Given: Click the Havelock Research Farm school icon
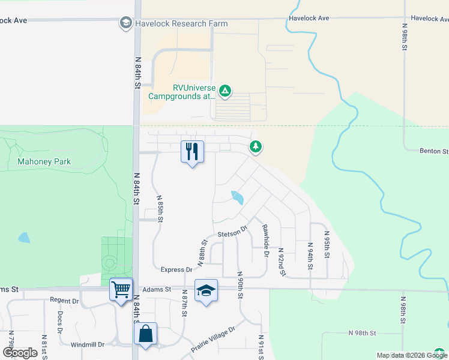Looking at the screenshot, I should click(126, 23).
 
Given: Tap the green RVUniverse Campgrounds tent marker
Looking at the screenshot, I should click(224, 91).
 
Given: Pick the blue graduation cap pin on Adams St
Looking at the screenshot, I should click(206, 291).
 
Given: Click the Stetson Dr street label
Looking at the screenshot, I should click(232, 232).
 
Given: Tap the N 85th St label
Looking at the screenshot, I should click(160, 208).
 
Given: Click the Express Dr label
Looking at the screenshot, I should click(176, 270).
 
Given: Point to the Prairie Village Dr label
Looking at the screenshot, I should click(214, 338).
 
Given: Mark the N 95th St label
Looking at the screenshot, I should click(327, 244).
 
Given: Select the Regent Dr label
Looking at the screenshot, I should click(65, 300).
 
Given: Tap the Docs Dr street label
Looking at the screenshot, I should click(59, 322).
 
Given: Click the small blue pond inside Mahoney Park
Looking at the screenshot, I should click(24, 238).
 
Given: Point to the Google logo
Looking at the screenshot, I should click(20, 352).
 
